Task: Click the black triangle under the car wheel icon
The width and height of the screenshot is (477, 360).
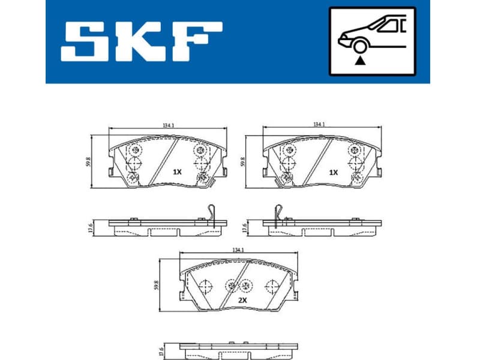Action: point(360,60)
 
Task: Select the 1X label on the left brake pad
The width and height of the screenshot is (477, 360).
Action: point(176,172)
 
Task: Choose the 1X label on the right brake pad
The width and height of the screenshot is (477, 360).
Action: point(333,172)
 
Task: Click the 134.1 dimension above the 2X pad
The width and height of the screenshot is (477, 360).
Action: point(239,250)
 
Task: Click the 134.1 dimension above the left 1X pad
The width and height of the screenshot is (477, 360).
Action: point(169,125)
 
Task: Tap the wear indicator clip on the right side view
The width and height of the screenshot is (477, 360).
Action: point(277,214)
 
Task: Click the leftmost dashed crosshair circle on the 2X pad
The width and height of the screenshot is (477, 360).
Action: point(204,286)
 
